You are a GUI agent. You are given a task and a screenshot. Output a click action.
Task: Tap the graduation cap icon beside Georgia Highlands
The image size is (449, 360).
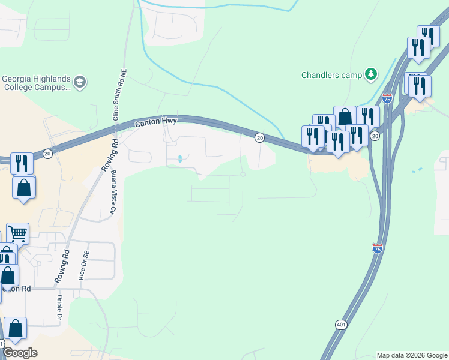(x=80, y=81)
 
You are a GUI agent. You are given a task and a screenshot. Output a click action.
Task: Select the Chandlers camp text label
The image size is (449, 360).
(x=331, y=75)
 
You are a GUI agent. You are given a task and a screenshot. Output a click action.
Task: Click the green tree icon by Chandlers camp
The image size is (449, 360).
(x=372, y=74)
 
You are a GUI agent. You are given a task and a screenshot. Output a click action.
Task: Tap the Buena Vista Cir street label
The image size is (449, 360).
(x=112, y=193)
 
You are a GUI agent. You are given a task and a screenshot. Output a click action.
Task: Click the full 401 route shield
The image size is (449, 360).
(x=341, y=325)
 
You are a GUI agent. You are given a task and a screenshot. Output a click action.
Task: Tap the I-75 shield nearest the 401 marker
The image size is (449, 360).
(x=377, y=248)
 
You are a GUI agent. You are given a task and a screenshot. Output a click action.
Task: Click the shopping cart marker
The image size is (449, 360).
(x=18, y=233)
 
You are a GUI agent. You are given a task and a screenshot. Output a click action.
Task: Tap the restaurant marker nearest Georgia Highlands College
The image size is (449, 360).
(x=22, y=163)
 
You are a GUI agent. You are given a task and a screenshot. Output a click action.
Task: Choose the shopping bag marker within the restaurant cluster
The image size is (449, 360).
(x=345, y=118)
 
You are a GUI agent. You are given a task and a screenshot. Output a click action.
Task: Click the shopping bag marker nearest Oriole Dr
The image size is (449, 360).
(x=16, y=329)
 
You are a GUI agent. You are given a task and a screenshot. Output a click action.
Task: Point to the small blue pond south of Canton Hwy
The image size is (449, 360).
(x=180, y=159)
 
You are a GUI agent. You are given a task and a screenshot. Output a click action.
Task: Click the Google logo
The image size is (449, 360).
(x=20, y=353)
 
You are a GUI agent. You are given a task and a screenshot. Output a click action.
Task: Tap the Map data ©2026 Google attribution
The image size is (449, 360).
(x=411, y=355)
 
